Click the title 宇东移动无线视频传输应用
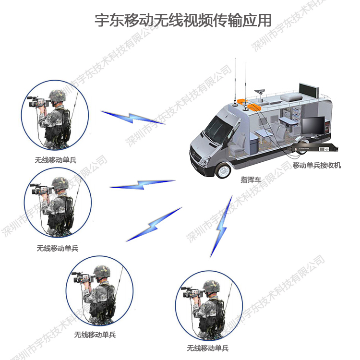[x=183, y=21]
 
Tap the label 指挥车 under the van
[x=251, y=180]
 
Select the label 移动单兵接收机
[x=317, y=165]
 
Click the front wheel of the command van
[x=223, y=170]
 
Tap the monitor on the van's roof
[x=309, y=91]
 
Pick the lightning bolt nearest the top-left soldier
[x=133, y=118]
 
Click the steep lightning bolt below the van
[x=221, y=227]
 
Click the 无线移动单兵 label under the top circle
[x=56, y=160]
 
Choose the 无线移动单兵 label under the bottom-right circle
[x=208, y=348]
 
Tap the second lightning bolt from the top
[x=143, y=185]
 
